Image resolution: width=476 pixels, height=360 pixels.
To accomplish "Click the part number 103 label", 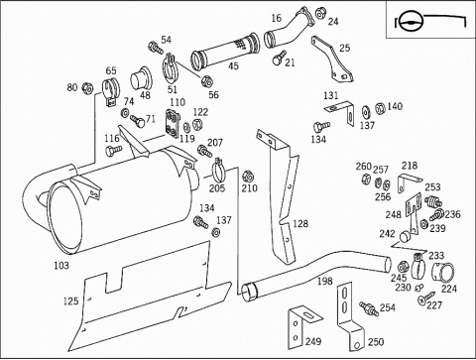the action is click(x=61, y=266).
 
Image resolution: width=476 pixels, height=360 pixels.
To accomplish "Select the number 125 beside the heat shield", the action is click(x=71, y=301).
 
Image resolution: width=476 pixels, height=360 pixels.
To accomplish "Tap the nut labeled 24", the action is click(x=319, y=14).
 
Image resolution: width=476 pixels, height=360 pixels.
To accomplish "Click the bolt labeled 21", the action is click(x=279, y=58).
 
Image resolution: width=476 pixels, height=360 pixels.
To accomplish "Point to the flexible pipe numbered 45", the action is click(x=224, y=52).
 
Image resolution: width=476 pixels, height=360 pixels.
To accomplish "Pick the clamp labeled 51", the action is click(x=170, y=68).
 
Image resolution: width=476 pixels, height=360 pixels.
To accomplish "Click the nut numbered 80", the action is click(x=87, y=88).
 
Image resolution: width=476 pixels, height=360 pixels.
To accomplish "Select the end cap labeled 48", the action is click(x=141, y=79).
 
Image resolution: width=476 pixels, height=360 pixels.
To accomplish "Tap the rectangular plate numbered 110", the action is click(x=173, y=123).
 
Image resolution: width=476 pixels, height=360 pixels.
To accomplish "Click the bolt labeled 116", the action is click(x=113, y=151).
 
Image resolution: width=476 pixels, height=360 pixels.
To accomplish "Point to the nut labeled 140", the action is click(x=380, y=108).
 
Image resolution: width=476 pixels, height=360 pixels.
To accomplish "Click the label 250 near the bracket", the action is click(x=376, y=342).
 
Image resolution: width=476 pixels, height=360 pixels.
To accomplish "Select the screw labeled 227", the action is click(x=426, y=297).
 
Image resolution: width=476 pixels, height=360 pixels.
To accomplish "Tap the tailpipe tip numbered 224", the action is click(x=443, y=272).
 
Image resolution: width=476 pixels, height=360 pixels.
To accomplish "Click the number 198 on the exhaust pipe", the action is click(x=325, y=281).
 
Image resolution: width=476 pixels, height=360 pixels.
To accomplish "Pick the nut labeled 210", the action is click(x=247, y=178).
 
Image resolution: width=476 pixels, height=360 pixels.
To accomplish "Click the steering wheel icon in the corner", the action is click(x=411, y=22).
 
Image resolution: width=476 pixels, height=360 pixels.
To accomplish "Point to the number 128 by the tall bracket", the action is click(x=300, y=224).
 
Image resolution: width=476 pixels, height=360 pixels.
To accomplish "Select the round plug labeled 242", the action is click(x=405, y=237).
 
